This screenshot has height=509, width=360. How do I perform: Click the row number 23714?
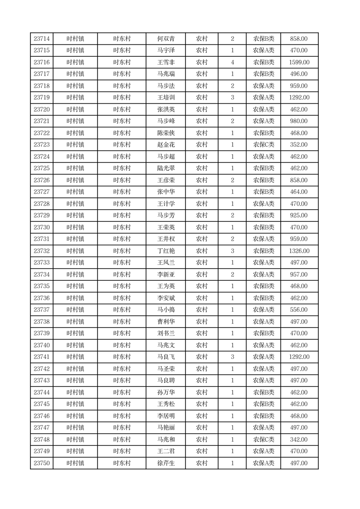42,39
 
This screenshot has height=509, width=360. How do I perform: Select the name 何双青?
165,39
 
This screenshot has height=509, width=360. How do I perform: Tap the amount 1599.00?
299,63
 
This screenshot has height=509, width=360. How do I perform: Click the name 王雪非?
165,63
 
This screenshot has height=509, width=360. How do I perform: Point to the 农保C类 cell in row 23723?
263,145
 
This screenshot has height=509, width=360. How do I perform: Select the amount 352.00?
299,145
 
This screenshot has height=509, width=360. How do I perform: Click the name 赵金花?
165,145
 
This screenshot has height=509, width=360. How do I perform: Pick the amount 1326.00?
299,251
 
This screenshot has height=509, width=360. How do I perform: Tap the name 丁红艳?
165,251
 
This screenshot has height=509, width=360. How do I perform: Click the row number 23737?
42,310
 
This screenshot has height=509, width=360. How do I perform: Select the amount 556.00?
299,310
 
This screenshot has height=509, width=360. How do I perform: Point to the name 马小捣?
165,310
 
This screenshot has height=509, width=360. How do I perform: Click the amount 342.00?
299,440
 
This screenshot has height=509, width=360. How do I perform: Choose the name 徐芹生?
165,463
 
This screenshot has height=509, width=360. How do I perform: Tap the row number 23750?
42,463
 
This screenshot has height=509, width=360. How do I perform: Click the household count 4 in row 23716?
233,63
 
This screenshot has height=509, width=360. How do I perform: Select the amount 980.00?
299,121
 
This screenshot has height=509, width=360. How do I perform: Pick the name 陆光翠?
165,168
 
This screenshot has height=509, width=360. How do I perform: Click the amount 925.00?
299,215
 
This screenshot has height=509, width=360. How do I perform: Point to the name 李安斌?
165,298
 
